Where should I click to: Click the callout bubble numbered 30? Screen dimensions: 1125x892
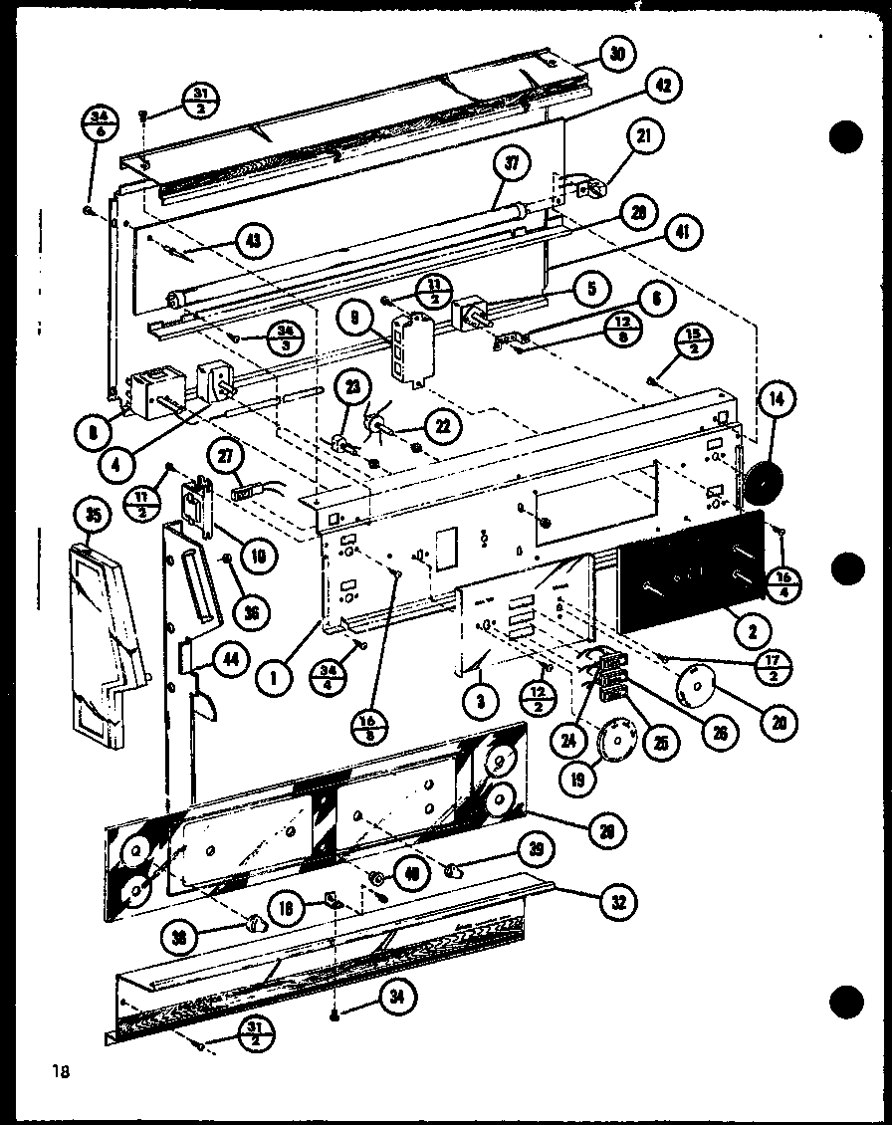tap(617, 56)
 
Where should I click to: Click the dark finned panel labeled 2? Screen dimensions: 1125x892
tap(687, 572)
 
